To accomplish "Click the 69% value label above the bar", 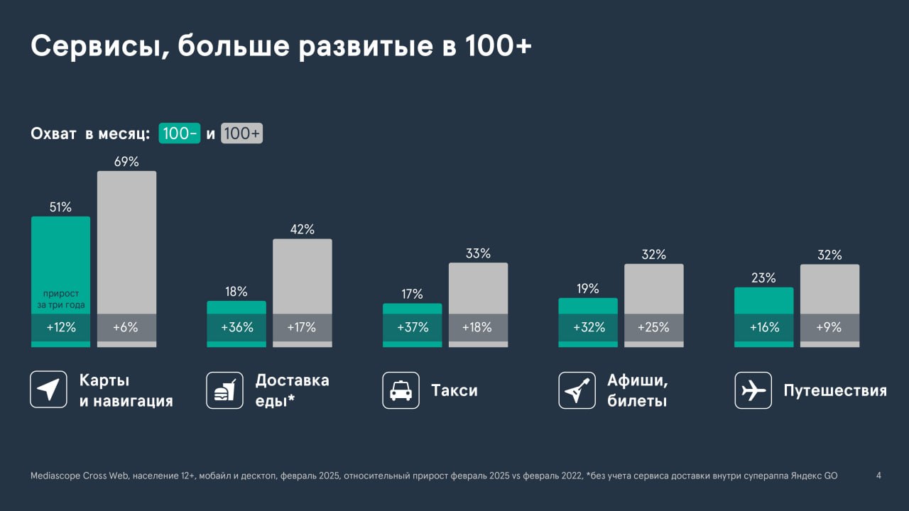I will (126, 162).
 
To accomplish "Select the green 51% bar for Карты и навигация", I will (60, 255).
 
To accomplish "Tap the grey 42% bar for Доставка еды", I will (302, 277).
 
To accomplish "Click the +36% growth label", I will (236, 327).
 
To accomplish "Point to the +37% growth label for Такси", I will (412, 327).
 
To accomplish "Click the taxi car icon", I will (401, 390).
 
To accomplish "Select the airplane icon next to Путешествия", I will (753, 390).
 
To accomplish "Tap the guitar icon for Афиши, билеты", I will (577, 390).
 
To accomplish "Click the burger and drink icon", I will (224, 390).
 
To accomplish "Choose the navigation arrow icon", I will (48, 390).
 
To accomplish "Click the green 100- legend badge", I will (180, 133).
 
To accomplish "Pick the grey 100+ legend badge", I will (241, 133).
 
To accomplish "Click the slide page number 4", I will (878, 476).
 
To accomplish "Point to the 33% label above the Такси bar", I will (478, 253).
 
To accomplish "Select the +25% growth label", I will (653, 327).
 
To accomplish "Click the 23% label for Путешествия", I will (763, 278).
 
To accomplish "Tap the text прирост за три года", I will (60, 300).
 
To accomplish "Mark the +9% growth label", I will (829, 327).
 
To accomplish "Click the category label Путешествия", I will (834, 390).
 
